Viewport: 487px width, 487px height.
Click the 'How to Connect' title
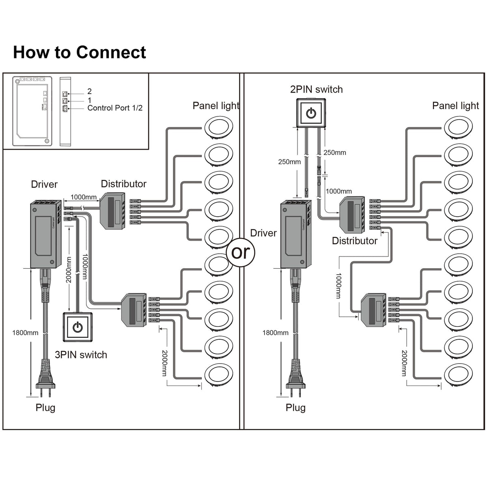[80, 52]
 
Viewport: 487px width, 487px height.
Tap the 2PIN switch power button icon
[311, 113]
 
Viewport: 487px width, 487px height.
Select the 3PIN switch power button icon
[78, 327]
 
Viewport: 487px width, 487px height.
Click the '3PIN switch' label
[81, 355]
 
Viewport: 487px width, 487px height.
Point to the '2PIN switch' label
[316, 89]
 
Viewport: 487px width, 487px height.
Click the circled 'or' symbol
[241, 252]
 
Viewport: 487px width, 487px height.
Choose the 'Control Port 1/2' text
[115, 108]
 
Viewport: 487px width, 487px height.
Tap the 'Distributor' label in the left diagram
[123, 184]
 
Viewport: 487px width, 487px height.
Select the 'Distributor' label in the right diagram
[354, 241]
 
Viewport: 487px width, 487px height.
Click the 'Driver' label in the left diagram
[44, 184]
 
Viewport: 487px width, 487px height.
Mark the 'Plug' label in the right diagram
[295, 407]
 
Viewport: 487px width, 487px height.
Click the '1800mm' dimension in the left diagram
[25, 333]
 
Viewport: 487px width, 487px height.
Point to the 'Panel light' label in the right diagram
[455, 106]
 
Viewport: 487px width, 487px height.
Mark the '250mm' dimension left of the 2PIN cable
[289, 162]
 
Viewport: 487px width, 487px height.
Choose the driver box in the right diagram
[295, 235]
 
